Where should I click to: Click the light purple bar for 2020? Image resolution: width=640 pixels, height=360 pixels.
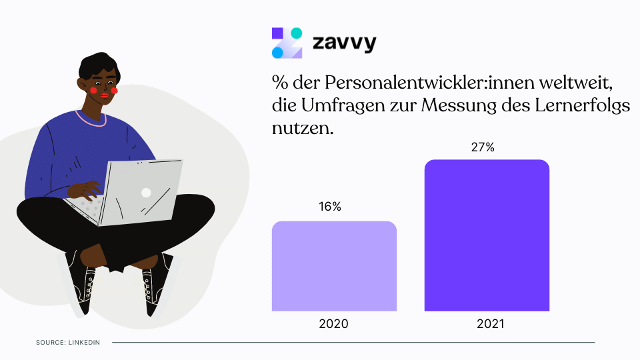[334, 266]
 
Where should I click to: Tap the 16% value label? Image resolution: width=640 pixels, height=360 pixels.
[329, 207]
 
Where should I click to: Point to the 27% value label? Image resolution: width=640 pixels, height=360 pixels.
[483, 147]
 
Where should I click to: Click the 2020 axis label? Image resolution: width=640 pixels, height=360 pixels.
[333, 325]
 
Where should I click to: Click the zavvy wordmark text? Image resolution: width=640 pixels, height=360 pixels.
[344, 44]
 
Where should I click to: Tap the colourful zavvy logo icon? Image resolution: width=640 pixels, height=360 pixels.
[287, 43]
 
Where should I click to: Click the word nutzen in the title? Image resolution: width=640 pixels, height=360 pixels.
[302, 127]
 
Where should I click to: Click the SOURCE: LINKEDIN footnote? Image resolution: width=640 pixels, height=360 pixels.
[68, 343]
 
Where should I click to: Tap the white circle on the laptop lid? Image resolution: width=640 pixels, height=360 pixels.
[146, 193]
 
